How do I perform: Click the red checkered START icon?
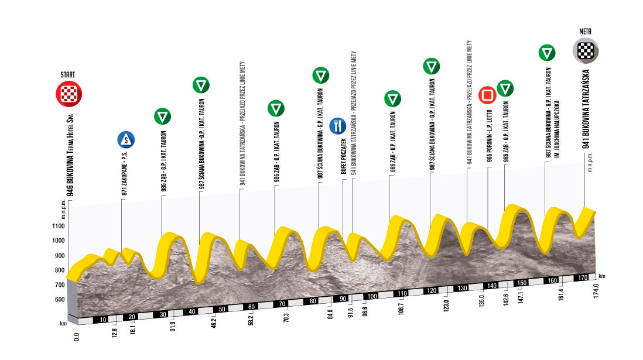pos(69,94)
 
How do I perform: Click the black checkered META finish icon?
pos(586,51)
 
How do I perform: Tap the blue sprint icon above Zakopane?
pos(126,140)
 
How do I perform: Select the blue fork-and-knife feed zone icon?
pos(337,126)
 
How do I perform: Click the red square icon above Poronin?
pos(487,95)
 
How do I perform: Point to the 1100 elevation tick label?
pos(58,226)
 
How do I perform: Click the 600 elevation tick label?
pos(60,299)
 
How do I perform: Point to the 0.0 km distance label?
pos(76,337)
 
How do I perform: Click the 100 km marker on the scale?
pos(372,296)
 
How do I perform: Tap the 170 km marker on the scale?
pos(583,277)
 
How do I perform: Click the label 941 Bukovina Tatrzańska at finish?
pos(586,109)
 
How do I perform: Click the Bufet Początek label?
pos(344,156)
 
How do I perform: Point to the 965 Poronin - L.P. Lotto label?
pos(489,136)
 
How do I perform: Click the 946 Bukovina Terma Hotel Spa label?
pos(70,155)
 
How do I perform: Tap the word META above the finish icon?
pos(585,32)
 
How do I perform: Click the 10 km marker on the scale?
pos(103,320)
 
